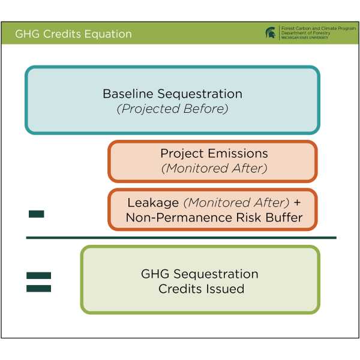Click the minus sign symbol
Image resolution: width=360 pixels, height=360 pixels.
pyautogui.click(x=37, y=214)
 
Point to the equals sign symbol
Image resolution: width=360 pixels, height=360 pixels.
pyautogui.click(x=39, y=282)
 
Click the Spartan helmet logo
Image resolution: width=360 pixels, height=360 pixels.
pyautogui.click(x=271, y=33)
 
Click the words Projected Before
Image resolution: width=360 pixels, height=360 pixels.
pyautogui.click(x=173, y=109)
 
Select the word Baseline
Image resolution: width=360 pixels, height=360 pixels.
pyautogui.click(x=128, y=94)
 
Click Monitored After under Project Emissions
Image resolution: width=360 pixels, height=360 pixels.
pyautogui.click(x=214, y=169)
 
